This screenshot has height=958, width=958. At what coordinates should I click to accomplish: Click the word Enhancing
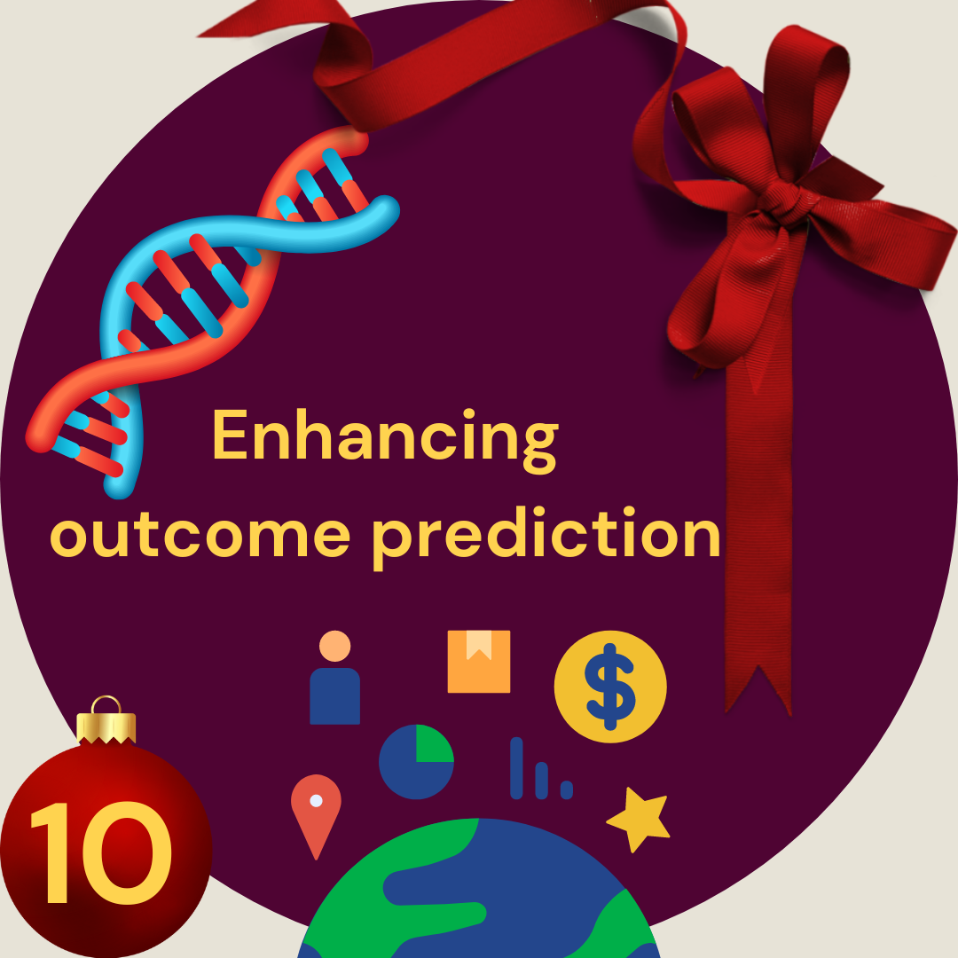[385, 440]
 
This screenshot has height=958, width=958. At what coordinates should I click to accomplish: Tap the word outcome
[200, 535]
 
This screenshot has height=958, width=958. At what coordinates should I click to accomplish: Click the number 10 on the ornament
[101, 853]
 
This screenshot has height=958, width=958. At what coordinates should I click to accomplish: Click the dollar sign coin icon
[610, 687]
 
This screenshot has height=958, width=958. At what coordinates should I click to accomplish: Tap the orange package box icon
[479, 662]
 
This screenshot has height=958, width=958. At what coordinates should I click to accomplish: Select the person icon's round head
[334, 646]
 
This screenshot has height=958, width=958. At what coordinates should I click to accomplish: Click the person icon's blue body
[334, 696]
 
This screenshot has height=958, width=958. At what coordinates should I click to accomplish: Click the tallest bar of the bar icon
[517, 768]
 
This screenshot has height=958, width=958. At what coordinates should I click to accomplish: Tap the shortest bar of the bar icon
[566, 789]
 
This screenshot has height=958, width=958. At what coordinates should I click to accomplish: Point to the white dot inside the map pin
[316, 800]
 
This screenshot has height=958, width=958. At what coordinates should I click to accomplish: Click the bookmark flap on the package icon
[479, 645]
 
